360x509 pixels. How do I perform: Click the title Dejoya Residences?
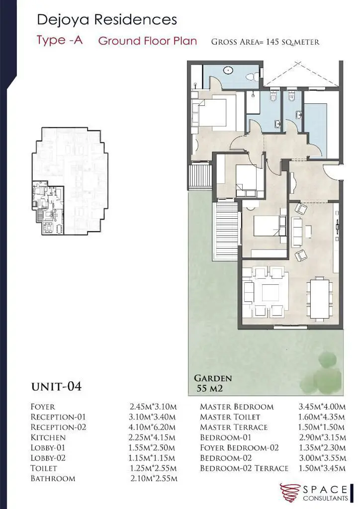107,19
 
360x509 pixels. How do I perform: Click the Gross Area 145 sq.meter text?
265,42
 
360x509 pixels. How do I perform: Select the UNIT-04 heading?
57,387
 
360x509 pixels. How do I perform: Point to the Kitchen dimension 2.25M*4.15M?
152,437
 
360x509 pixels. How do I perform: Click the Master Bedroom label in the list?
237,407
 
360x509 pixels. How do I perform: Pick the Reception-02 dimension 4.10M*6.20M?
152,427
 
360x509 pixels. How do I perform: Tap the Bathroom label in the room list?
53,479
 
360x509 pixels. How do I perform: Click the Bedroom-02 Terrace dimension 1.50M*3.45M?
322,468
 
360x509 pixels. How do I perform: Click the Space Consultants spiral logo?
290,493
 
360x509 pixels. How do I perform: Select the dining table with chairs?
320,298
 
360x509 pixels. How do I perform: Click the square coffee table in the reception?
270,293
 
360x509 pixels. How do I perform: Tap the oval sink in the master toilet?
229,70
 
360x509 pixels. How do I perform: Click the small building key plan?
70,181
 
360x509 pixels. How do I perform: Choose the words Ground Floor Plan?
148,41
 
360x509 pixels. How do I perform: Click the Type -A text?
60,40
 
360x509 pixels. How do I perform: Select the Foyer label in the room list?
43,407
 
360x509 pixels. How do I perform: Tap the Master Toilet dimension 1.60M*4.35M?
322,417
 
